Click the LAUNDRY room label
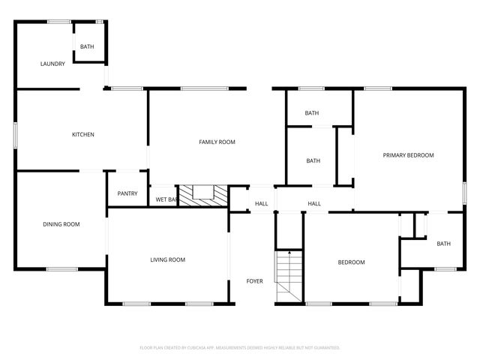point(52,64)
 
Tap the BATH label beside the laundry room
point(88,47)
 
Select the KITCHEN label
point(82,135)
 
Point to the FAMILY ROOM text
point(217,142)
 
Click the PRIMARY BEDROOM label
point(408,155)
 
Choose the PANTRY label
point(127,193)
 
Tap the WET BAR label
point(166,199)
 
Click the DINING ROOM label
point(61,224)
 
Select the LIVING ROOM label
point(167,260)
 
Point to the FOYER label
point(255,281)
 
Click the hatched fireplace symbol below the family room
point(200,194)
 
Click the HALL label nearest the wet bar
point(261,203)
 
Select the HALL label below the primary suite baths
point(314,203)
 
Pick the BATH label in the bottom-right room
point(444,243)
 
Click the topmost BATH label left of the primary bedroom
point(312,113)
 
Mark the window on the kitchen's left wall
point(16,134)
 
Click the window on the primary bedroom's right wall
point(465,193)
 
